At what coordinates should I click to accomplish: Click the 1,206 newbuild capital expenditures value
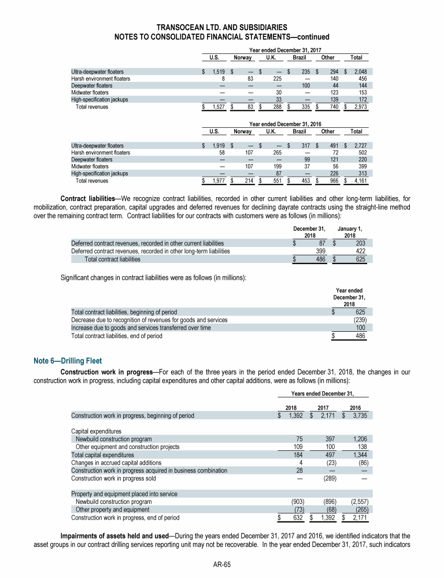point(359,439)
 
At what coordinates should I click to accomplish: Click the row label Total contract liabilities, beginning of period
point(124,312)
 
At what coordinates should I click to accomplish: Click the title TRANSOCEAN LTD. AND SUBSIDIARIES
point(221,27)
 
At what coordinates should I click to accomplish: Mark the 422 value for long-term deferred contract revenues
point(361,251)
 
